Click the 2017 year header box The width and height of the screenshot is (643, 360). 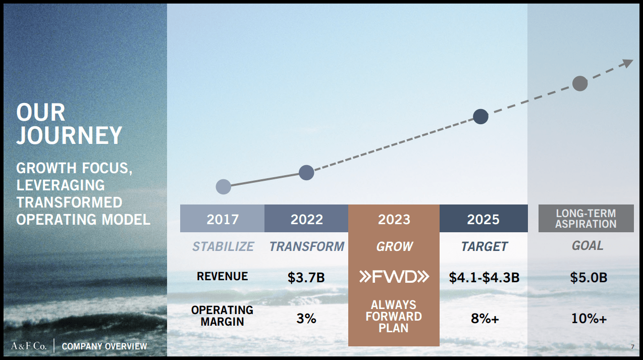(x=222, y=219)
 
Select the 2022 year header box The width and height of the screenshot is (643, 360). (x=306, y=219)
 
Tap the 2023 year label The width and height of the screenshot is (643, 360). (x=394, y=220)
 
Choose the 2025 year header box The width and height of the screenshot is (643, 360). (x=483, y=219)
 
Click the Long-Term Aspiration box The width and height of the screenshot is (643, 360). (x=585, y=219)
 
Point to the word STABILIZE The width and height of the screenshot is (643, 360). (x=223, y=246)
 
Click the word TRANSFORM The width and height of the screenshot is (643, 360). (x=306, y=246)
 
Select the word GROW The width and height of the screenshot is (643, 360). (x=394, y=246)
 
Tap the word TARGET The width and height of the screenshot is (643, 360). (x=484, y=246)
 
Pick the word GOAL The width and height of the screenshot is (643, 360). (x=587, y=245)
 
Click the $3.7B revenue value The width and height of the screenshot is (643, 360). (x=306, y=277)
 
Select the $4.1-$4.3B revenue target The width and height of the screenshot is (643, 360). (x=484, y=277)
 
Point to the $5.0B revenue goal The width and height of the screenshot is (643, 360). (x=588, y=277)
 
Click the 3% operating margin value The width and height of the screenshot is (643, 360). (x=306, y=319)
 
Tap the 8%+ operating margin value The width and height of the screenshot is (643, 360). (x=485, y=319)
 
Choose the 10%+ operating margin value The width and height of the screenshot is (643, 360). (x=589, y=319)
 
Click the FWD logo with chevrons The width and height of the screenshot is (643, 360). (x=394, y=277)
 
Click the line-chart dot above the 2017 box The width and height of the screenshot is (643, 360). (x=223, y=187)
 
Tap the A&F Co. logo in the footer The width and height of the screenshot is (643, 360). (x=29, y=346)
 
